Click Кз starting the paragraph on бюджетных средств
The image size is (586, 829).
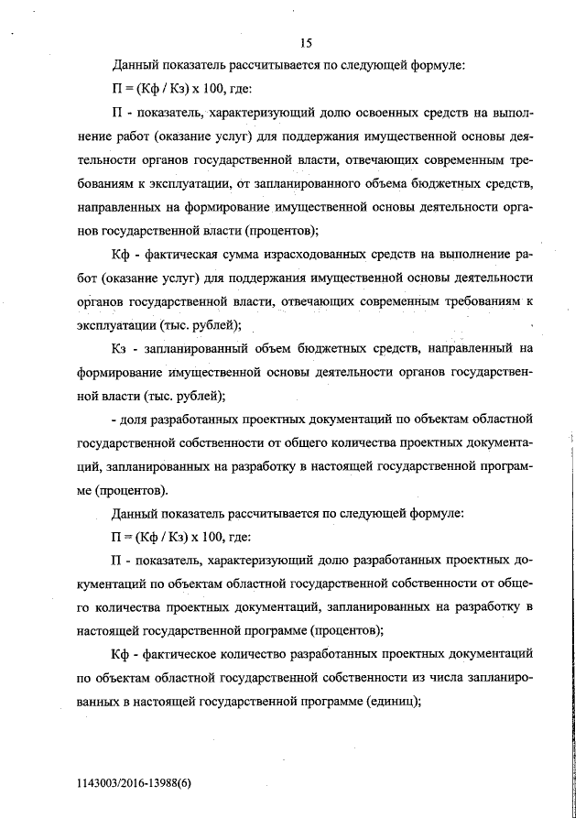click(121, 348)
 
